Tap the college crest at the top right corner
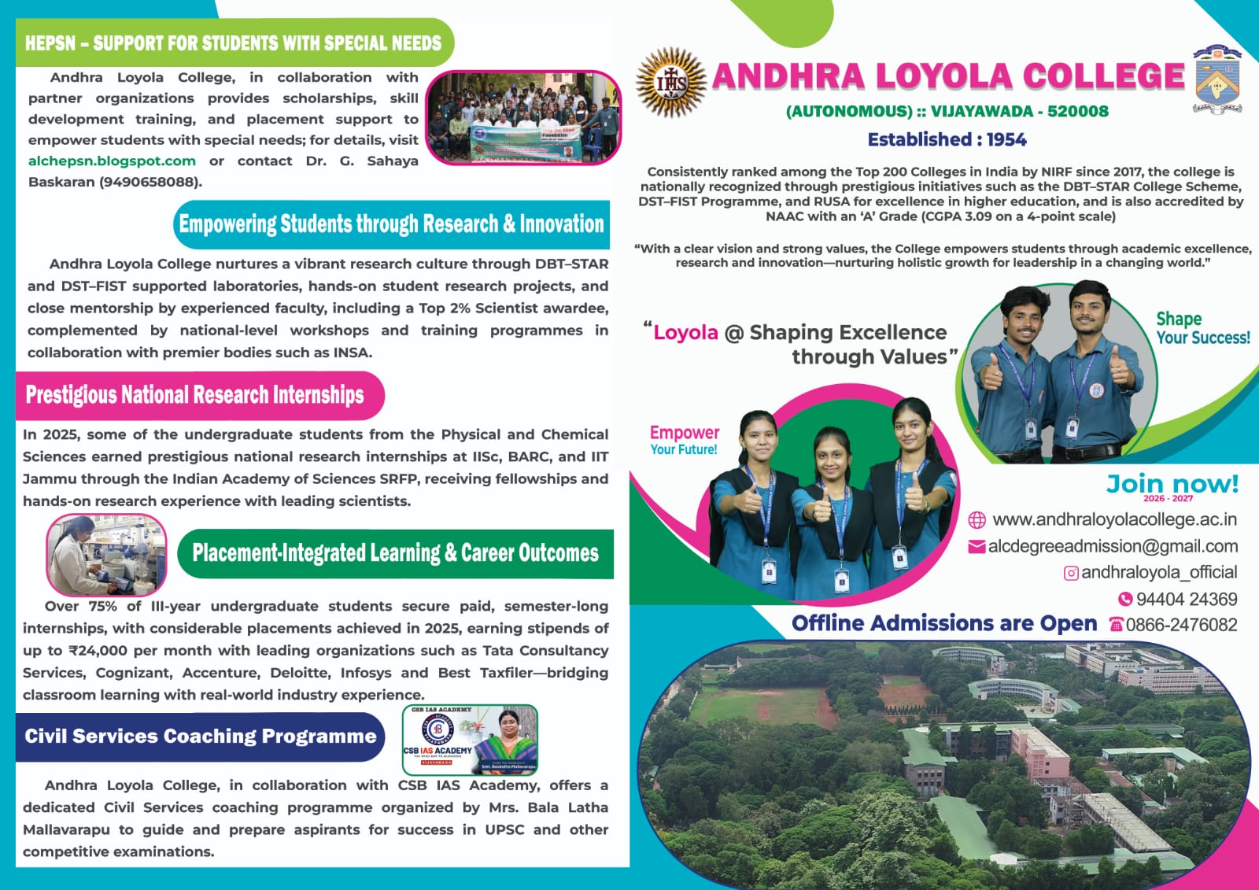1217,79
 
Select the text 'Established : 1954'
947,140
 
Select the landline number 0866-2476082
1181,625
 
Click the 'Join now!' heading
1172,484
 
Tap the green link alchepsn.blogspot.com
112,161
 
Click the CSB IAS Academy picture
470,740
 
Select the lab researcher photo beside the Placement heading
106,555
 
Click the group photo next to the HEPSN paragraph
522,117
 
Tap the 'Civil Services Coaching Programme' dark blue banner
200,737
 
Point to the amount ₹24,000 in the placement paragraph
98,651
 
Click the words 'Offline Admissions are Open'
943,623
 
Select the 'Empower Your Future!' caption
684,440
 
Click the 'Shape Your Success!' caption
1202,328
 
